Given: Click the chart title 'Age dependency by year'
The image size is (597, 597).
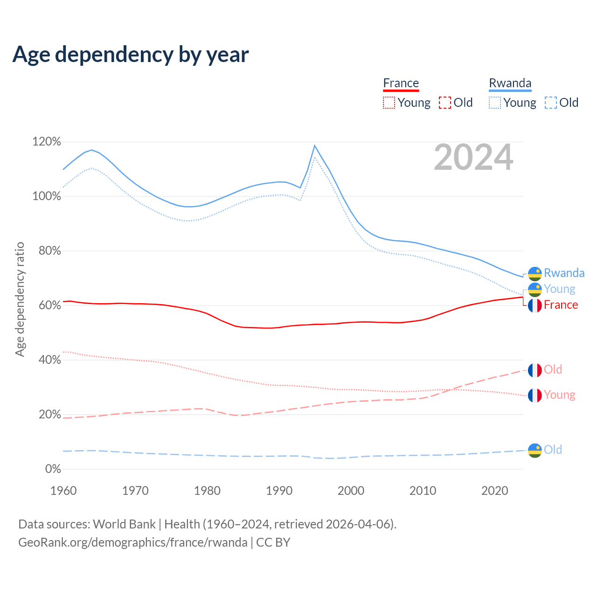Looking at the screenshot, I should [131, 55].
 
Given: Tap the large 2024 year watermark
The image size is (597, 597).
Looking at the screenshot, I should [473, 158].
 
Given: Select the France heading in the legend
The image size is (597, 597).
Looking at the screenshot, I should [401, 83].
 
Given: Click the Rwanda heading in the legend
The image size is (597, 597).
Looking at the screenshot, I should [510, 83].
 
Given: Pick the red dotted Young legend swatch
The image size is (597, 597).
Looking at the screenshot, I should [389, 103].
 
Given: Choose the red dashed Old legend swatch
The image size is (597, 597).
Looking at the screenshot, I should [445, 103].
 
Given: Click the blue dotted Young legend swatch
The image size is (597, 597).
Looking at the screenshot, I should [495, 103].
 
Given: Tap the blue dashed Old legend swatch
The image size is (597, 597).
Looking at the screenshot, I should [551, 103].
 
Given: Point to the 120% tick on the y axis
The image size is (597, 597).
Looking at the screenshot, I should [47, 142].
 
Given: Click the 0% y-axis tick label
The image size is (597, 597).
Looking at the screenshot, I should [53, 469].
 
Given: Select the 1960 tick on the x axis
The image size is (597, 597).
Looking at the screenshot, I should [63, 491].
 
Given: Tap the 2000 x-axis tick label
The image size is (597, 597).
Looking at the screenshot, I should [351, 491].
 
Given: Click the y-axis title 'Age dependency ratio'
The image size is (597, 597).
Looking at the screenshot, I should [20, 299].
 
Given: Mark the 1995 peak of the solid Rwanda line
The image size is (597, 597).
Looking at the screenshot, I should [315, 146].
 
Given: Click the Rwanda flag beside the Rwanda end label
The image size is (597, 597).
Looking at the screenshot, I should [535, 274].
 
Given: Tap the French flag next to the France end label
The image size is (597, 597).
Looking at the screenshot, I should [535, 305].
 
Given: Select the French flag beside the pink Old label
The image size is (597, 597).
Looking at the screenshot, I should [535, 370].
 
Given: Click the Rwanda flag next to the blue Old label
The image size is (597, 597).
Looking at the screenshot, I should [535, 451].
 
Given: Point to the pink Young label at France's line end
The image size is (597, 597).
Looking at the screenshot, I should [559, 395].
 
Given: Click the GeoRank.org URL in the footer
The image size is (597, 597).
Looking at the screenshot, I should [133, 542].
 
